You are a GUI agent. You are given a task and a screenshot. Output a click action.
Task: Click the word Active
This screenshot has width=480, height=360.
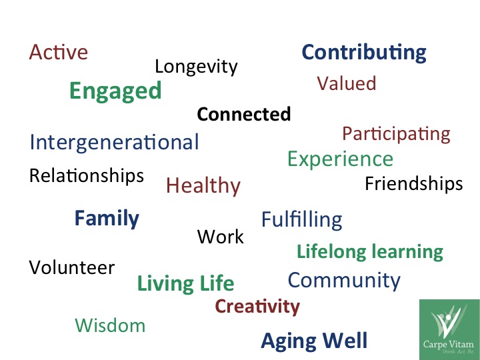click(x=59, y=52)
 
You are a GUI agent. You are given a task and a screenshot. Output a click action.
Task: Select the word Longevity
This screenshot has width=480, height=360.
click(x=196, y=67)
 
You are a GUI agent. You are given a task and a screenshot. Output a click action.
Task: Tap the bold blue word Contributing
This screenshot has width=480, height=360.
click(x=364, y=53)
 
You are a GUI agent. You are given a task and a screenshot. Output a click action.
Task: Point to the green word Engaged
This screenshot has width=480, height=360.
click(x=115, y=91)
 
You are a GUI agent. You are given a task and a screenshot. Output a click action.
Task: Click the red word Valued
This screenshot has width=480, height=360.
click(x=347, y=83)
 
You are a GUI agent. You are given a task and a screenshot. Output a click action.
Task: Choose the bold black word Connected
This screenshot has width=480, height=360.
click(x=244, y=114)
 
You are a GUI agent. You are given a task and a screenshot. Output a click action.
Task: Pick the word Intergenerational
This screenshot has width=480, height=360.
click(x=114, y=143)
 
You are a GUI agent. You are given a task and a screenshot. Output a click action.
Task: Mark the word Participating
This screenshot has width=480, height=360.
click(x=396, y=135)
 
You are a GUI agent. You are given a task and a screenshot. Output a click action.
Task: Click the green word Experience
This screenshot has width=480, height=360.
click(x=340, y=159)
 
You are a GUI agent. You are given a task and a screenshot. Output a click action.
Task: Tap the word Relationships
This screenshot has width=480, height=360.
click(x=87, y=176)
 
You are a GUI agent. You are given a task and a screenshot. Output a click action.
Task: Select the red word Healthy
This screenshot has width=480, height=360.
click(x=203, y=186)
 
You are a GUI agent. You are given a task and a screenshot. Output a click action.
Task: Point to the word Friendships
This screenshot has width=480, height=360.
click(x=414, y=184)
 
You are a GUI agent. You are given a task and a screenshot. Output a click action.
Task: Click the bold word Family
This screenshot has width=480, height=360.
click(x=107, y=219)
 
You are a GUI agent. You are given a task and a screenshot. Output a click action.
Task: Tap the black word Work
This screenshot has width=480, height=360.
click(x=221, y=237)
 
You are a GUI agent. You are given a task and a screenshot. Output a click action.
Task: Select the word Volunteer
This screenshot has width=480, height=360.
click(x=72, y=267)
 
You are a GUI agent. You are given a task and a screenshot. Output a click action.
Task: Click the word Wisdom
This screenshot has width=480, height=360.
click(x=110, y=325)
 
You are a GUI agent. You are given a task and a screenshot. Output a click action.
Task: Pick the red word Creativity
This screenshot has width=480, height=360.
click(x=257, y=307)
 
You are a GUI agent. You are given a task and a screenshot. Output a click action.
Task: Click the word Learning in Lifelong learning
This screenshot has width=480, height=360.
click(x=407, y=252)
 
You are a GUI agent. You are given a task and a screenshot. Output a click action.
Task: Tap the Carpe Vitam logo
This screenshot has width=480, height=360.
click(x=449, y=330)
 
